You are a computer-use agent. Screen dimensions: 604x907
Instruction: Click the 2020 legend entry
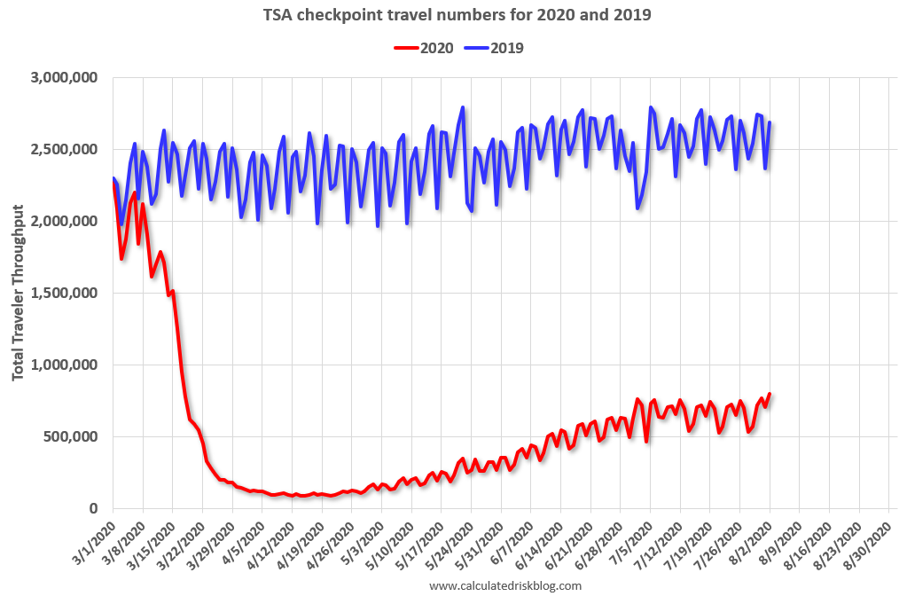(423, 48)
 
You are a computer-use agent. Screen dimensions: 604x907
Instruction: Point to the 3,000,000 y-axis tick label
(63, 78)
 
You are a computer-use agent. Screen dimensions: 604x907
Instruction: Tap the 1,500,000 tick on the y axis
(63, 293)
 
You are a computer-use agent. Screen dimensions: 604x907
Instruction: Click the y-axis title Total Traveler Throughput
(19, 294)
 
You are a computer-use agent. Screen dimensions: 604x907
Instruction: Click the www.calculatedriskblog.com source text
(505, 586)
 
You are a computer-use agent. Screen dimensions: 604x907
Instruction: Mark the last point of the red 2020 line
(770, 394)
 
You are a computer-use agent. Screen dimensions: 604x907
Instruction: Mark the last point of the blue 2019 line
(770, 122)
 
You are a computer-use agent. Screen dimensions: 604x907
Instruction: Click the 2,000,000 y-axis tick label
(63, 221)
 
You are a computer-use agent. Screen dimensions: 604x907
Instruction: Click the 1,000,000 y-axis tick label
(63, 365)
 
